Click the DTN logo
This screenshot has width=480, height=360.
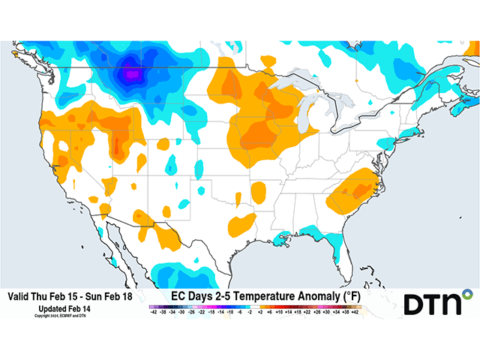coord(439,304)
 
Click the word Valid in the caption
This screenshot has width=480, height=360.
coord(20,297)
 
